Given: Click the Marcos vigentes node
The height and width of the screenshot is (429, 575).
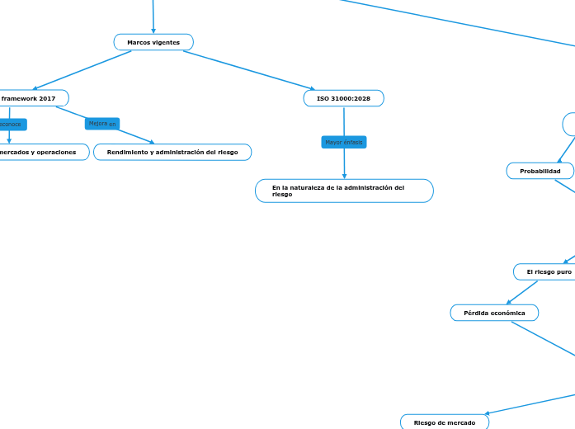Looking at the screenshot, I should point(153,42).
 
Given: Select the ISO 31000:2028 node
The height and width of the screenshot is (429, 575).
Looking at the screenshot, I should point(343,98).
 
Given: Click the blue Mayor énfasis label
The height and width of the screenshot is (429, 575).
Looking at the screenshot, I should point(343,143).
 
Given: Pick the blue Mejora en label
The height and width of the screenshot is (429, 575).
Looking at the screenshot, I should point(102,124).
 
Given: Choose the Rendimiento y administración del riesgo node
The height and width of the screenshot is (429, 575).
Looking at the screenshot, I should point(172,153).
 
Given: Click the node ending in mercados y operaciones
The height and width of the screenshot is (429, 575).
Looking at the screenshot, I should point(41,153).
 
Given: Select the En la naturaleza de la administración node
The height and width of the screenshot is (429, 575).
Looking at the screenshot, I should point(343,191).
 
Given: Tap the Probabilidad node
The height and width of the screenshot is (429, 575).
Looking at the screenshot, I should point(540,171).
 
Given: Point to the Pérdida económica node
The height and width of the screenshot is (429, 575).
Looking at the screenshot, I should point(494,313).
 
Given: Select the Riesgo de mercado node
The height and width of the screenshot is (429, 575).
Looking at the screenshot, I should point(444,422).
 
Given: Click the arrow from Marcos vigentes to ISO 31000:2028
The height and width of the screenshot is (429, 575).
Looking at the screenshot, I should point(247,69).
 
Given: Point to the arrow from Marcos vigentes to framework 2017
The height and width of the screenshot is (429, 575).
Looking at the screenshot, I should point(82,70).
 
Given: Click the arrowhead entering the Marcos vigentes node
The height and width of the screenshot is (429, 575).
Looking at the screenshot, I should point(153,31).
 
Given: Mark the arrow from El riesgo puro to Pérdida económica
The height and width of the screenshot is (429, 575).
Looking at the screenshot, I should point(522,292).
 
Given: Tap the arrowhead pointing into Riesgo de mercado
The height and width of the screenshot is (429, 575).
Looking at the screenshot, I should point(488,413).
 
